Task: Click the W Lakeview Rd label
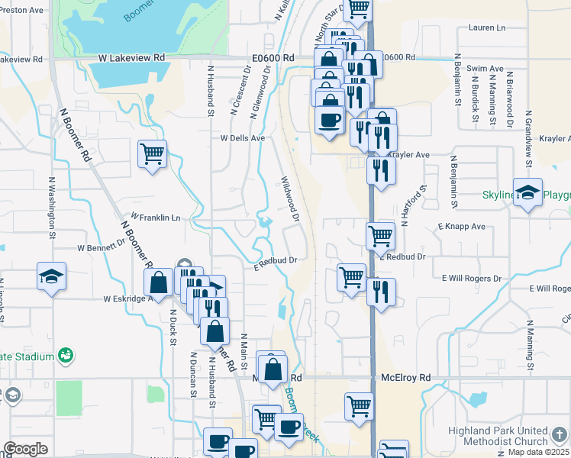(131, 57)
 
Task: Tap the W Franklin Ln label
(156, 218)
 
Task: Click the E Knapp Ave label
(462, 227)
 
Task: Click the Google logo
(25, 449)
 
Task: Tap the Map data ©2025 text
(538, 452)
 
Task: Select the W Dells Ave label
(242, 138)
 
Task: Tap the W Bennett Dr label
(101, 247)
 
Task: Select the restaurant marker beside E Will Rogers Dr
(380, 292)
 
